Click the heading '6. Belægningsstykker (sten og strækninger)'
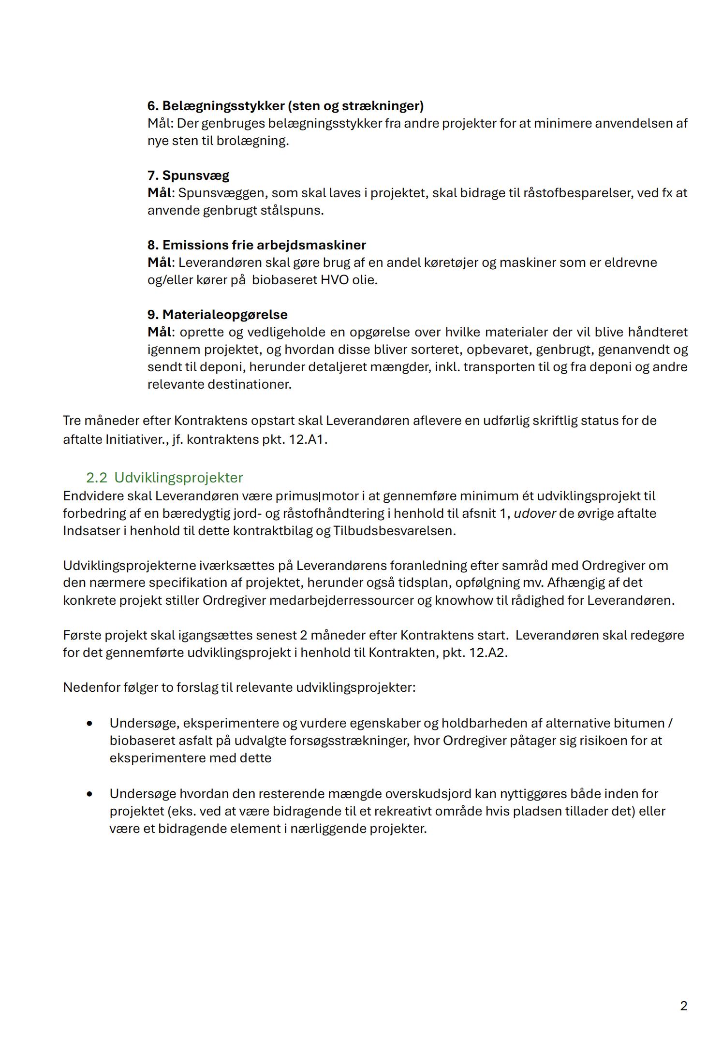coord(285,106)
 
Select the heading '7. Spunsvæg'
coord(188,175)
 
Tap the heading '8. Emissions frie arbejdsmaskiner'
coord(256,245)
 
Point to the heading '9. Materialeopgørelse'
coord(217,315)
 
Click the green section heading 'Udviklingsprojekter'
coord(178,478)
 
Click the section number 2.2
coord(96,478)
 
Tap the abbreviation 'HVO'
coord(335,280)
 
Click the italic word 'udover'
coord(534,513)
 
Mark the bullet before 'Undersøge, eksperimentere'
coord(89,724)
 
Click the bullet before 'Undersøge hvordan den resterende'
coord(89,794)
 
